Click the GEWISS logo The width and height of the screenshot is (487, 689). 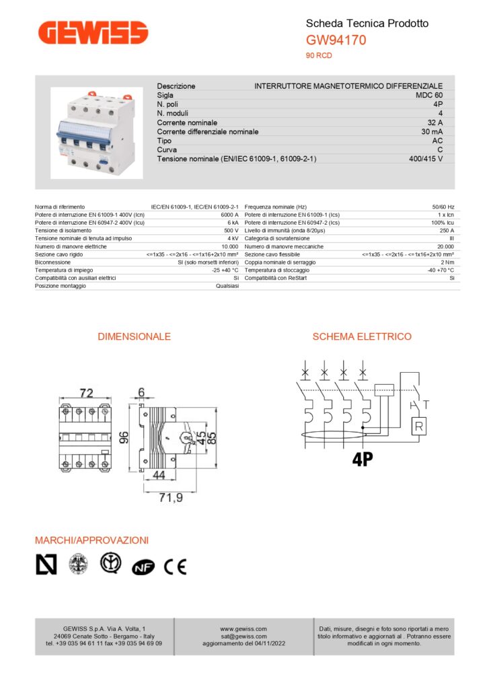point(93,32)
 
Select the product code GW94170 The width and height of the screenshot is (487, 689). point(336,40)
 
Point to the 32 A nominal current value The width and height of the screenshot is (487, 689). point(435,123)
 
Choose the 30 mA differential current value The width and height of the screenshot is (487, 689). point(431,132)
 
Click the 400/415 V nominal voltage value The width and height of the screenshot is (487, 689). point(426,159)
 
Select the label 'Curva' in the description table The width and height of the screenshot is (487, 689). point(168,150)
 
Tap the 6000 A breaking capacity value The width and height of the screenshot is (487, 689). point(229,215)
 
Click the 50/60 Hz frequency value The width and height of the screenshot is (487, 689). point(443,207)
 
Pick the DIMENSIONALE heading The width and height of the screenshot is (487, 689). point(134,336)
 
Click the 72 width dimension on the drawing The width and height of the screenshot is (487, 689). point(86,393)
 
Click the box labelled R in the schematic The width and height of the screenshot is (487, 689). point(419,425)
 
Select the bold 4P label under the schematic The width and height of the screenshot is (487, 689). point(362,460)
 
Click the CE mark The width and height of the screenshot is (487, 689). point(175,567)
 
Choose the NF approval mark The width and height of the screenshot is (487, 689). point(143,568)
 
